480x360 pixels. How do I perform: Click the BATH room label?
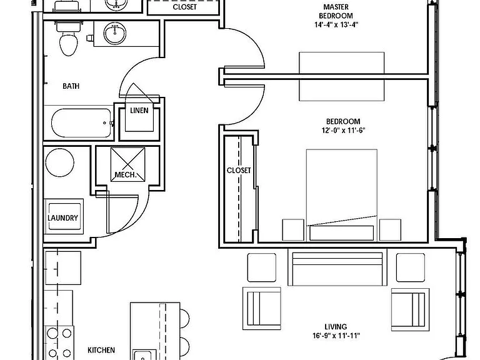[x=71, y=86]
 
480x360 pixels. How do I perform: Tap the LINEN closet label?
[x=139, y=110]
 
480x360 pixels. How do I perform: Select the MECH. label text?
[x=125, y=175]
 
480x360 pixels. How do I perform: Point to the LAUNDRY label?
[x=62, y=217]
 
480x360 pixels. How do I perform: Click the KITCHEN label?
[x=101, y=350]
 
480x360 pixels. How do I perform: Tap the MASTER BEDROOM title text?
[x=336, y=11]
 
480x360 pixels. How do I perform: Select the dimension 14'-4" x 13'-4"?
[x=336, y=24]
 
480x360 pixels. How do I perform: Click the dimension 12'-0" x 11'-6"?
[x=343, y=130]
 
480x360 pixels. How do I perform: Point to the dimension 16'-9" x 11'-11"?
[x=336, y=336]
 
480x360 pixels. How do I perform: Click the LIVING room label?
[x=336, y=327]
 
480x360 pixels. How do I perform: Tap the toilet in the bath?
[x=69, y=39]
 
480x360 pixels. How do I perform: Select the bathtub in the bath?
[x=81, y=123]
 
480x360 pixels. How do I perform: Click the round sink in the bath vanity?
[x=115, y=33]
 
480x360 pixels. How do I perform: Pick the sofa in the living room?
[x=337, y=267]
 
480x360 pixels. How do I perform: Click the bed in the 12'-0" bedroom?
[x=342, y=195]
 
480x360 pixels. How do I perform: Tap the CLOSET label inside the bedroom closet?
[x=239, y=170]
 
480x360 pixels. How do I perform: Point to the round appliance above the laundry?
[x=60, y=162]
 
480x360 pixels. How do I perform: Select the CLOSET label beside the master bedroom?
[x=184, y=7]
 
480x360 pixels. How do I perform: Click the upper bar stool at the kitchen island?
[x=184, y=318]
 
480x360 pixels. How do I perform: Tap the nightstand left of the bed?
[x=293, y=230]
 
